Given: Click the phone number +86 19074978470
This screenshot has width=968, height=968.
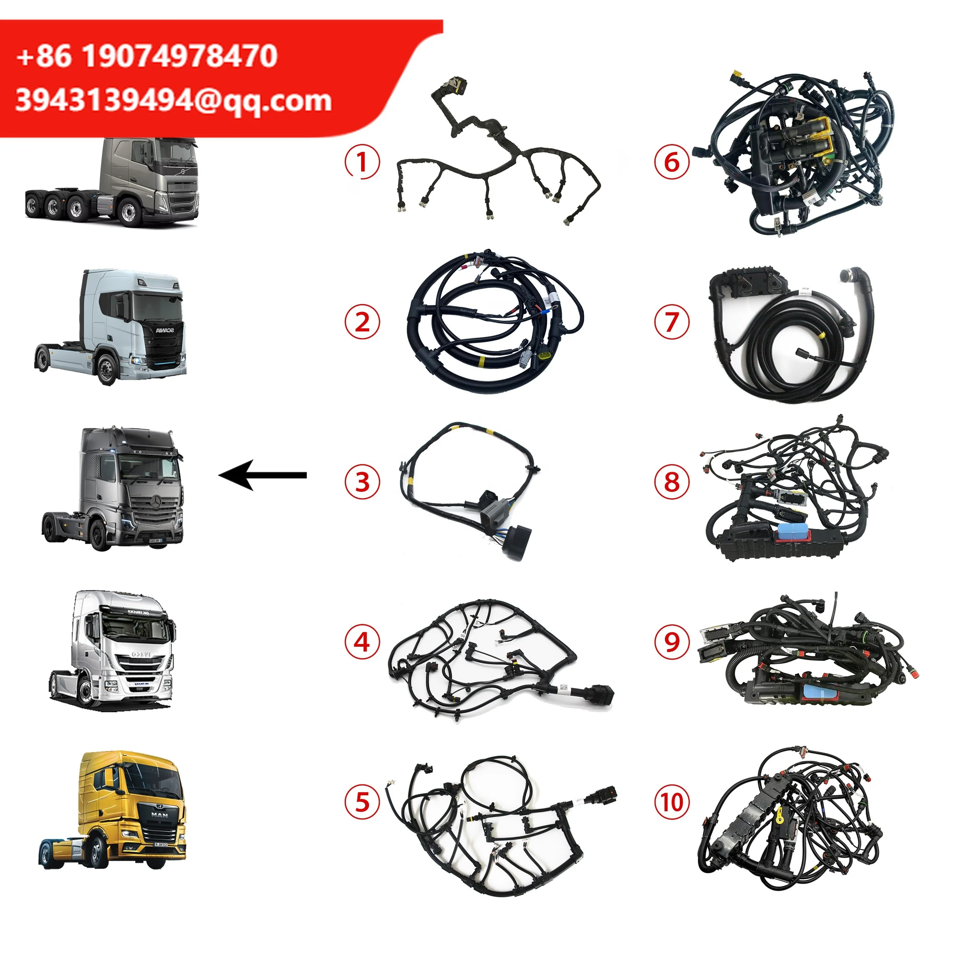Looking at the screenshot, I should point(147,55).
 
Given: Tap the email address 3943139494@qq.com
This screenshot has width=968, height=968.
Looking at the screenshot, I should point(173,100).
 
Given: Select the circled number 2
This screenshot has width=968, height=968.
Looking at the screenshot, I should point(362,321).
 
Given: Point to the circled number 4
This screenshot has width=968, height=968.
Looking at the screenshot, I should point(362,642).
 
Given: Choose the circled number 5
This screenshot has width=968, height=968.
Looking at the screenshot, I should point(362,802).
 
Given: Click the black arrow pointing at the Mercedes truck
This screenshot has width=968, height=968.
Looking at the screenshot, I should point(263,475).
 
